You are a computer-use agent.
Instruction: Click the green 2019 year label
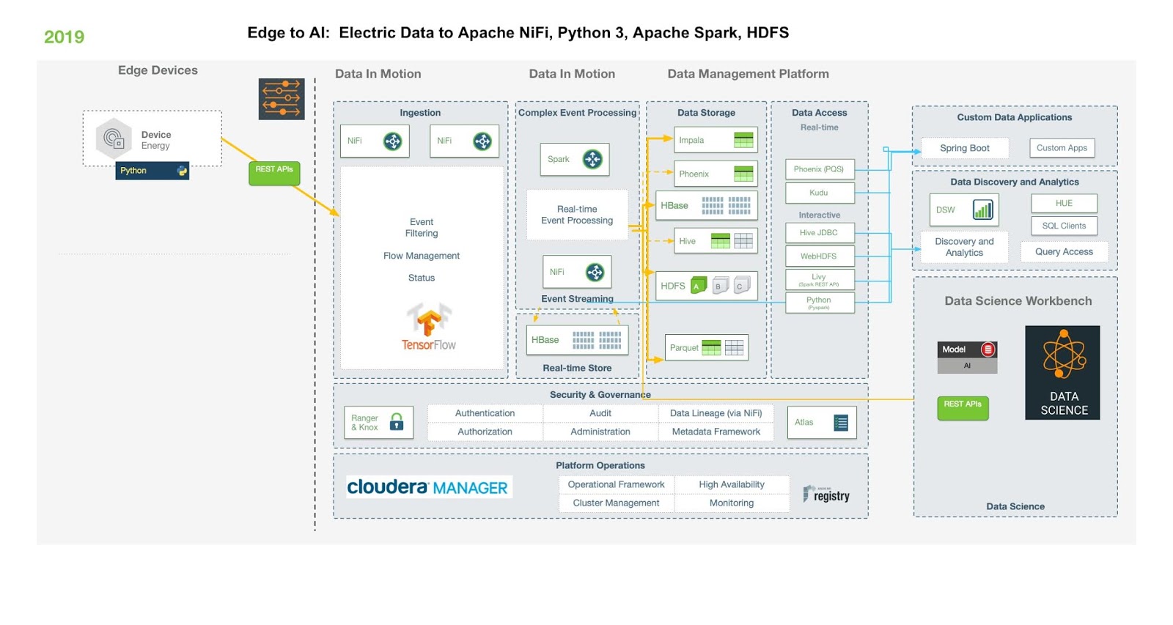[64, 37]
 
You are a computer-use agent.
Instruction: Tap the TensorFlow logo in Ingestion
[429, 327]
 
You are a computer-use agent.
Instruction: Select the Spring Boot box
[964, 148]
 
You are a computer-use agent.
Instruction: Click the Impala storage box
[715, 140]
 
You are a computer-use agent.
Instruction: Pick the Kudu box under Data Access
[819, 193]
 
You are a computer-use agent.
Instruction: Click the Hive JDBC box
[819, 233]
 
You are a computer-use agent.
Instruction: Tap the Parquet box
[707, 347]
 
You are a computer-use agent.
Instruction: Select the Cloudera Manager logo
[428, 487]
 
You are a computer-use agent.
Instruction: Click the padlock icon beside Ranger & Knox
[397, 421]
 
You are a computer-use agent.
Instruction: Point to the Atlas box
[821, 422]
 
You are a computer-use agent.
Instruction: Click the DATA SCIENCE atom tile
[1062, 372]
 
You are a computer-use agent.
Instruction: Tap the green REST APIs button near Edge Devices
[274, 173]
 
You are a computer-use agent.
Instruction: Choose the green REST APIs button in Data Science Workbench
[963, 407]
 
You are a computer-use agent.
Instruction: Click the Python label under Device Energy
[152, 171]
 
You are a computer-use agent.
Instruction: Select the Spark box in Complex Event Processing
[576, 159]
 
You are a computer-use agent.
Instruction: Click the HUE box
[1064, 203]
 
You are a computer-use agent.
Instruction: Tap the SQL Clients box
[1064, 226]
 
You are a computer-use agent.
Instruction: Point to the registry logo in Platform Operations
[826, 495]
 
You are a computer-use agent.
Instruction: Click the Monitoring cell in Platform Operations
[731, 503]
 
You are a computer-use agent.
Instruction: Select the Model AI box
[967, 357]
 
